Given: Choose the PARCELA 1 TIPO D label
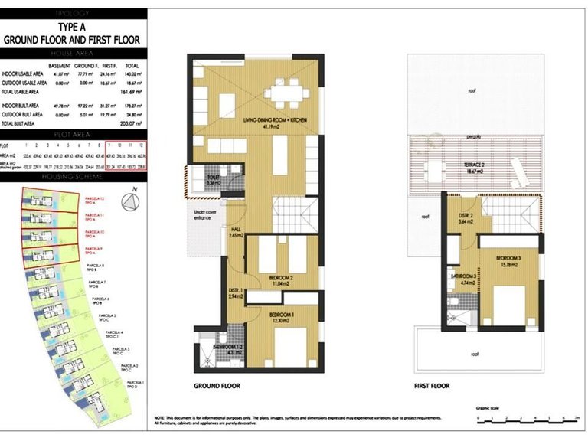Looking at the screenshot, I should point(136,384).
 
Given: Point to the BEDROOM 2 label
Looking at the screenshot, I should point(281,279).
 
